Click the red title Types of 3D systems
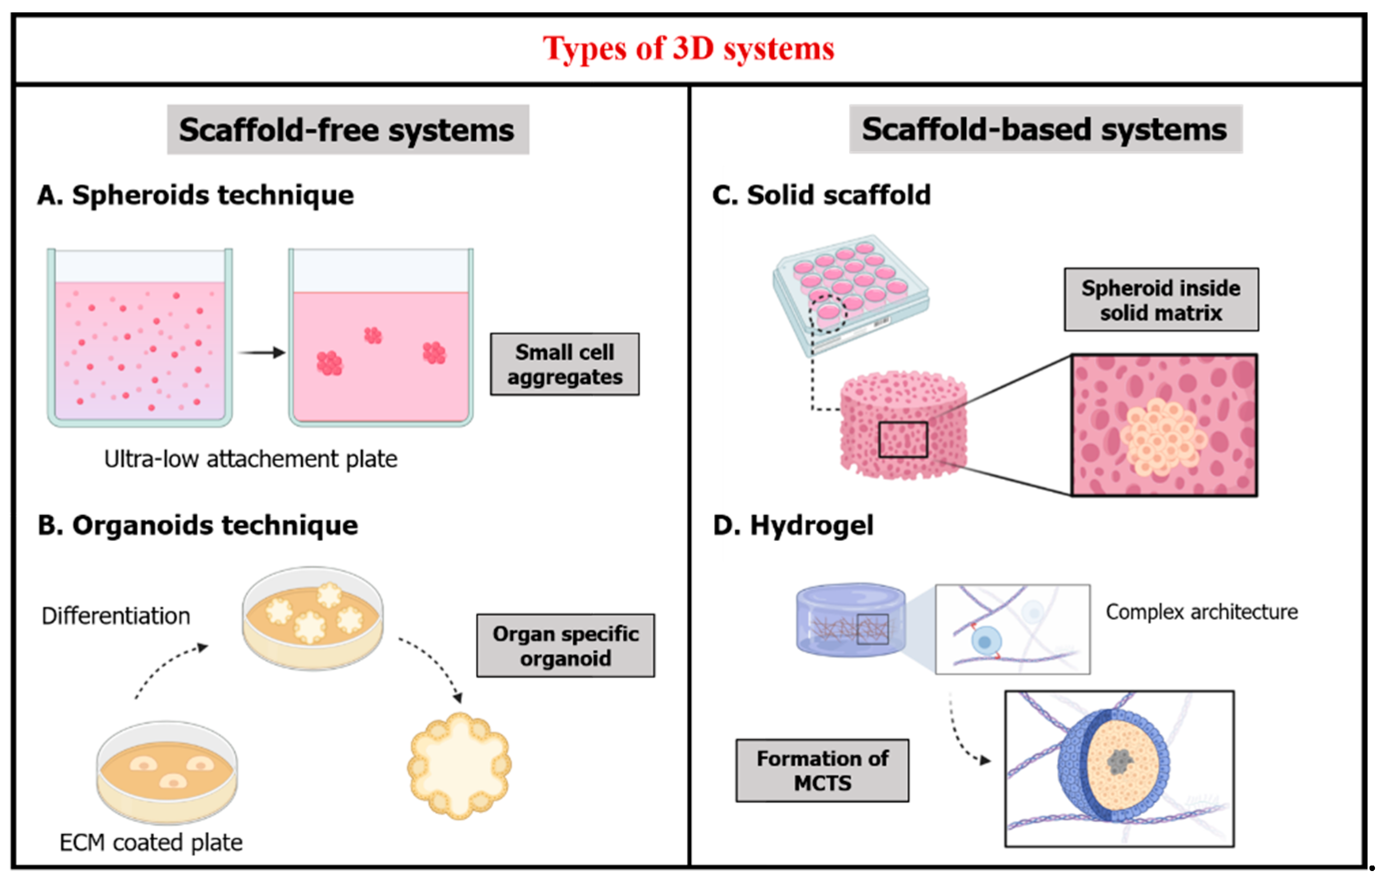coord(688,49)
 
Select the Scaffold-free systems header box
coord(348,129)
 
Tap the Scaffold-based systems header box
coord(1045,129)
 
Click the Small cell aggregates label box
coord(564,364)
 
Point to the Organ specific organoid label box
coord(565,646)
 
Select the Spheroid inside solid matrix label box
coord(1160,300)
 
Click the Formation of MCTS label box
coord(822,771)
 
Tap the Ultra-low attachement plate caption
coord(251,459)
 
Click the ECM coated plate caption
coord(151,842)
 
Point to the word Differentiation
coord(116,616)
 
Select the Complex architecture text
coord(1201,612)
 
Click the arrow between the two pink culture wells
coord(262,352)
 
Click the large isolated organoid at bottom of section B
coord(459,765)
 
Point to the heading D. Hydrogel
coord(792,525)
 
